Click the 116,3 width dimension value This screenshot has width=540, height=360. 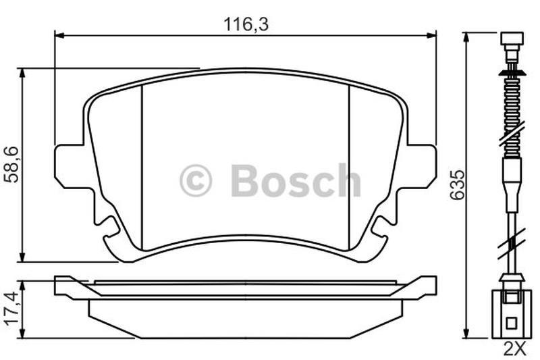[x=246, y=24]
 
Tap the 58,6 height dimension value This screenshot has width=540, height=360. [x=11, y=165]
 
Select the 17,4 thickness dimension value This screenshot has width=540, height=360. [x=11, y=307]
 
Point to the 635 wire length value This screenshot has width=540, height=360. [x=458, y=184]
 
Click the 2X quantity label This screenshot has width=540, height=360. [x=514, y=349]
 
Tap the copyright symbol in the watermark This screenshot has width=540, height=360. [x=196, y=180]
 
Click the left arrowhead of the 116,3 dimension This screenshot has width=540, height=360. [x=59, y=35]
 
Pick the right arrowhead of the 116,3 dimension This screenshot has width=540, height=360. [x=431, y=35]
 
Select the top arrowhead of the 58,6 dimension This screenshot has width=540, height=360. [x=22, y=73]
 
